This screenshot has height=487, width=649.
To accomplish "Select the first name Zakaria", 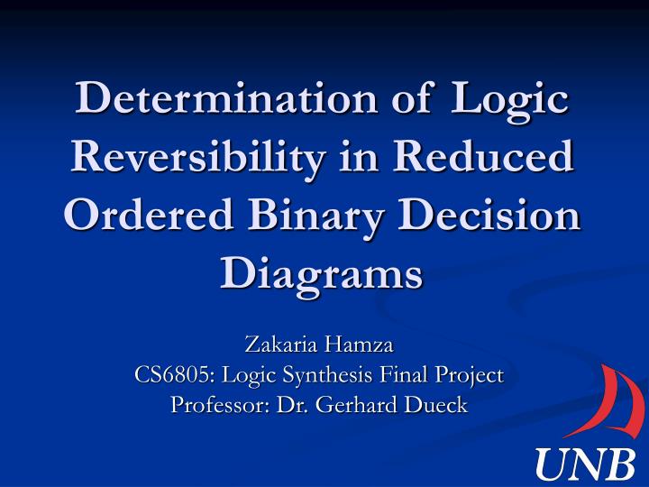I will pyautogui.click(x=274, y=345).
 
